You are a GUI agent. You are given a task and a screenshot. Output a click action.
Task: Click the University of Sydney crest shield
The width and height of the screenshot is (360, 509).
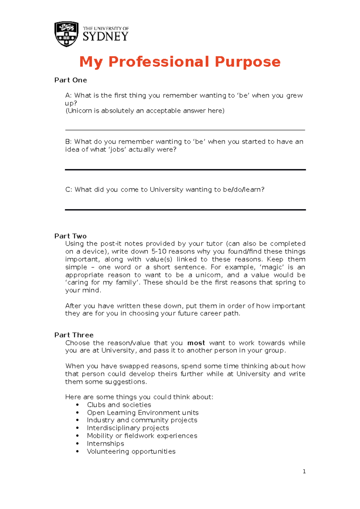pos(66,34)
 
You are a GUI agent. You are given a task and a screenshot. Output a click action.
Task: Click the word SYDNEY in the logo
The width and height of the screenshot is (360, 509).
pos(105,37)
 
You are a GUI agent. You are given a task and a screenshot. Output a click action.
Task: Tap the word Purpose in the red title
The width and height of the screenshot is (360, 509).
pos(247,62)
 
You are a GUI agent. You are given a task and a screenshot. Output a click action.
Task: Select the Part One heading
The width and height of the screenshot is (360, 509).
pos(70,80)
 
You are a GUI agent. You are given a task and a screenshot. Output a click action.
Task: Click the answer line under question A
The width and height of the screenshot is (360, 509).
pos(185,130)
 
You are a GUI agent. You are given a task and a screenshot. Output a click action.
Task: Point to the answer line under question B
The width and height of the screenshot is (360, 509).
pos(185,170)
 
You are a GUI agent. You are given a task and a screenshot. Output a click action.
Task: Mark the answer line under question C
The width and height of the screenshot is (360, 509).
pos(185,210)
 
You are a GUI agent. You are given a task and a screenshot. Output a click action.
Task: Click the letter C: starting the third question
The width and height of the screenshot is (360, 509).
pos(68,190)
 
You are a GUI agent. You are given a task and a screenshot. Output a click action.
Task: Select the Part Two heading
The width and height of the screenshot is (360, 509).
pos(70,236)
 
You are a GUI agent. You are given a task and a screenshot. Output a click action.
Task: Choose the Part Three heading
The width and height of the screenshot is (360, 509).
pos(74,335)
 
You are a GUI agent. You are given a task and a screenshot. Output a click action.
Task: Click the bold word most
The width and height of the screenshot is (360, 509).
pos(196,343)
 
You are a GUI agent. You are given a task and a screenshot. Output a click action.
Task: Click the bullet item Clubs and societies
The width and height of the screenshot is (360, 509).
pos(119,405)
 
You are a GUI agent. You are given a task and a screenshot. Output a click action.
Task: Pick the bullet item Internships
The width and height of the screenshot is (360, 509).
pos(105,444)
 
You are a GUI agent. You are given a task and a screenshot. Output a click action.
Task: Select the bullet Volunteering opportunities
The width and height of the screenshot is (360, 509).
pos(131,451)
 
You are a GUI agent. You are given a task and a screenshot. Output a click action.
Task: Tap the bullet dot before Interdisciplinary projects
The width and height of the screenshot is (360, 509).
pos(77,428)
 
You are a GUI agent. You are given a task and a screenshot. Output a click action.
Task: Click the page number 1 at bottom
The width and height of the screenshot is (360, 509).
pos(304,472)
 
